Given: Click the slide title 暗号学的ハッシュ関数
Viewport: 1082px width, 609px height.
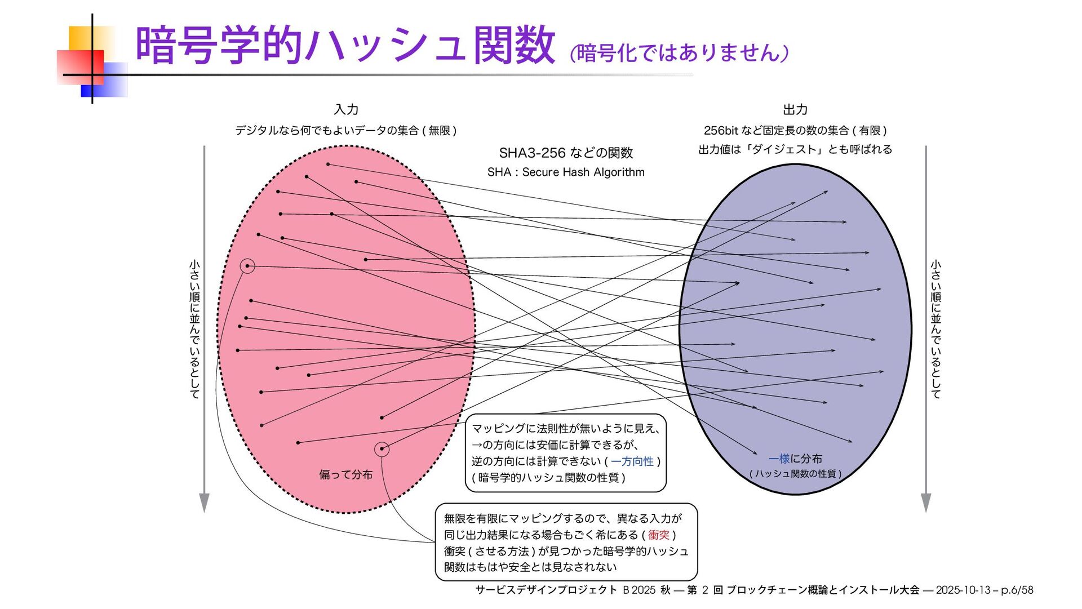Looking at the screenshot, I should (345, 45).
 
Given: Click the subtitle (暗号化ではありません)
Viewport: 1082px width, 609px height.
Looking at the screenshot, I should (679, 53).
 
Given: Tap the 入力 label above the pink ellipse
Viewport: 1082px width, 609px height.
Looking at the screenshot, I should (346, 109).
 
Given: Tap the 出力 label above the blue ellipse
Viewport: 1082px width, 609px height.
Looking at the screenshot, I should (795, 109).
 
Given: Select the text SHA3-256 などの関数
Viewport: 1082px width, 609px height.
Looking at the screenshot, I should (566, 153).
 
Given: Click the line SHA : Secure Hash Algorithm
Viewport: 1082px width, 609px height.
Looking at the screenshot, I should (566, 172).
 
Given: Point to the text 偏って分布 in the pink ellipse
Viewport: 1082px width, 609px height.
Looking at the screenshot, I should (345, 475).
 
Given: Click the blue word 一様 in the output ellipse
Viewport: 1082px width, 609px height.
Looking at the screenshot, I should (779, 459).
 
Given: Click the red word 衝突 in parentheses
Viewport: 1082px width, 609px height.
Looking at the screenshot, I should (658, 535).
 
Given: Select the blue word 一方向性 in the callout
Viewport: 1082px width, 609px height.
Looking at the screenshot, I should (632, 461).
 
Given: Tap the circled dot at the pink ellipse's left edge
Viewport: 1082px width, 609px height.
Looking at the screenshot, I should (247, 266).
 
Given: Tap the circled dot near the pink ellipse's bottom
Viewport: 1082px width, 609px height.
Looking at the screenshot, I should (382, 449).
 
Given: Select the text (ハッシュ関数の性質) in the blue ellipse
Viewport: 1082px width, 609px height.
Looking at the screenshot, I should (795, 474).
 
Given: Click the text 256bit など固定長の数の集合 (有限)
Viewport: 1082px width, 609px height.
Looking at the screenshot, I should (795, 131).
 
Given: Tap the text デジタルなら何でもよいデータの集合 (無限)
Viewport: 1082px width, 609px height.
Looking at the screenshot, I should (345, 131).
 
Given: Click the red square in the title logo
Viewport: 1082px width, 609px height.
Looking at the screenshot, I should (80, 67).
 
